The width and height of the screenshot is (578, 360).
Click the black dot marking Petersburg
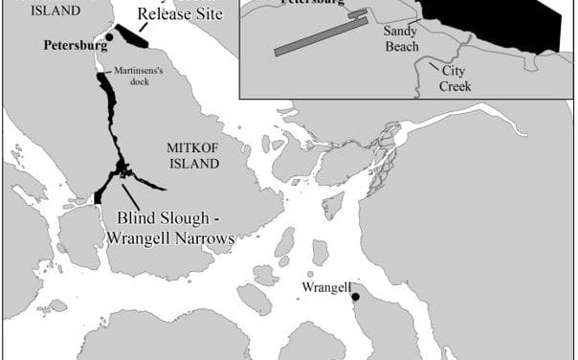[x=109, y=36]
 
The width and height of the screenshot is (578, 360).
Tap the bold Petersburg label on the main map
[x=74, y=45]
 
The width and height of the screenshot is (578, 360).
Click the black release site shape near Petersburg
[x=131, y=38]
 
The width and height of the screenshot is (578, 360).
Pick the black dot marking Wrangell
[x=356, y=297]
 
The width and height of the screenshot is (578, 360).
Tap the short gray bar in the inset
[x=357, y=14]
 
